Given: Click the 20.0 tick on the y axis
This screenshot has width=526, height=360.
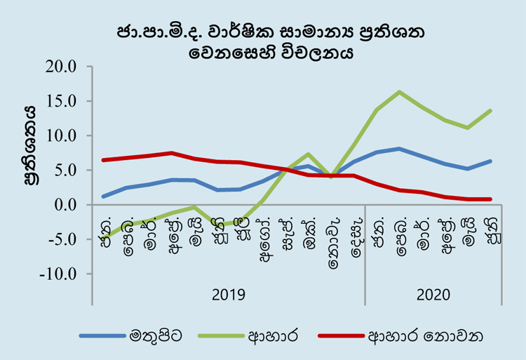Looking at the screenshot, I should [62, 67].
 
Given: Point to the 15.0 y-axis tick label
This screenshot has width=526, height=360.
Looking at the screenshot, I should [62, 101].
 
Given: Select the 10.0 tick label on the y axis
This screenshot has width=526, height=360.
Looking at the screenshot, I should [62, 135].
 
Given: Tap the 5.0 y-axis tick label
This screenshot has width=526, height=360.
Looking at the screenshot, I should [66, 170].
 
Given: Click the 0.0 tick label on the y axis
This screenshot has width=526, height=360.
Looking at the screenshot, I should [66, 204].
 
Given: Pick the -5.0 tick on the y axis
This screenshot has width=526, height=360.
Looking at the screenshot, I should [63, 239].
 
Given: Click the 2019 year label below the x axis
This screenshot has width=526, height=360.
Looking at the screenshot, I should [228, 294].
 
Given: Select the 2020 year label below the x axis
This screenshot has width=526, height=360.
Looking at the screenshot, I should [433, 294].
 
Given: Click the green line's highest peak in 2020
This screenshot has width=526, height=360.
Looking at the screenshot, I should [399, 92].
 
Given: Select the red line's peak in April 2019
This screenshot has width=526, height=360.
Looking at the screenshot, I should [172, 153].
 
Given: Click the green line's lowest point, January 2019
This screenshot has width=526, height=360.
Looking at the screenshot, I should [104, 238].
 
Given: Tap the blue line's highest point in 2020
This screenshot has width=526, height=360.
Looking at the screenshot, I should [399, 149].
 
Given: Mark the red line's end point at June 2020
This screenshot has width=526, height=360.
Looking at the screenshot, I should [490, 199].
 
